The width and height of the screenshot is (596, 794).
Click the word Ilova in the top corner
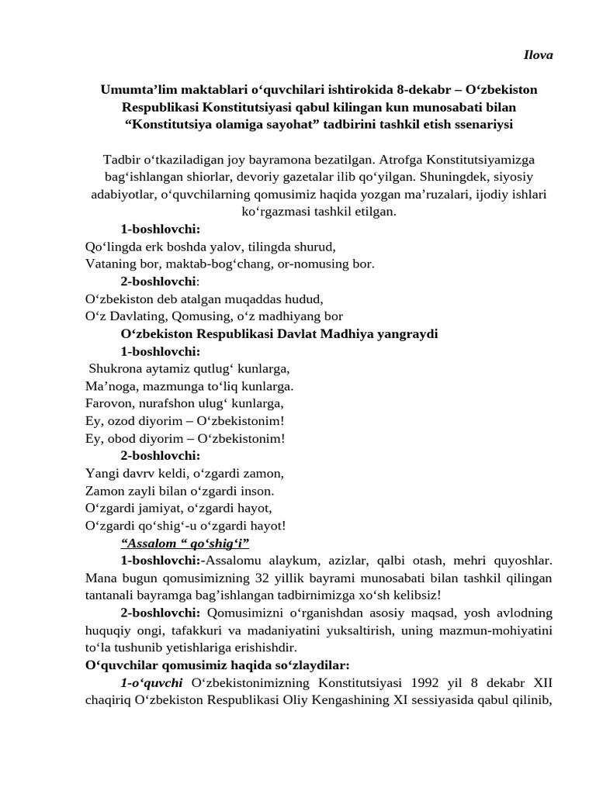pyautogui.click(x=536, y=55)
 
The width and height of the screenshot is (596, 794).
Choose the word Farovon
pyautogui.click(x=109, y=403)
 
